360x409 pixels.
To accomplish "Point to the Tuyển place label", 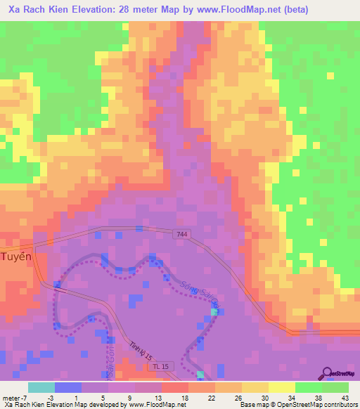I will point(17,257).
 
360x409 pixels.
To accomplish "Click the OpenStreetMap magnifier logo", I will point(327,373).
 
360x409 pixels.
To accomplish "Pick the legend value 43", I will point(345,398).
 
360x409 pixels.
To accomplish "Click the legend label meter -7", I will point(14,398).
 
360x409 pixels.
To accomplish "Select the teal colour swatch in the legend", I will point(41,387).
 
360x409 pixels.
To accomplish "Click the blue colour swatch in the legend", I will point(68,387).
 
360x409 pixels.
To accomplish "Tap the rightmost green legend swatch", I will point(335,387).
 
